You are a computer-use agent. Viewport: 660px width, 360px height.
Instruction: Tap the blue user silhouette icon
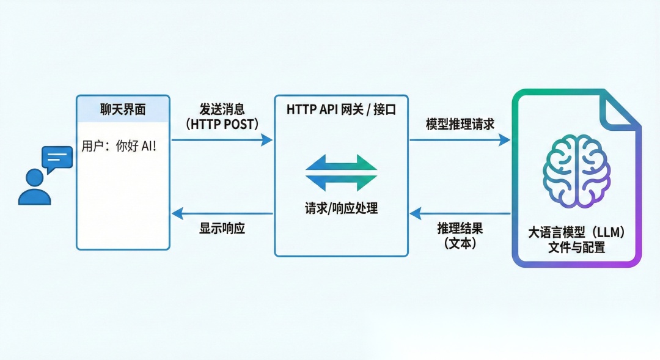tap(34, 188)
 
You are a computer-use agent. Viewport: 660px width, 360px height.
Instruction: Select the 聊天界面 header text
tap(123, 109)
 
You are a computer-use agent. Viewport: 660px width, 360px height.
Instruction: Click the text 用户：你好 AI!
tap(119, 146)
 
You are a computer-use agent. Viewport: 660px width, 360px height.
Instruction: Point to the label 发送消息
tap(222, 109)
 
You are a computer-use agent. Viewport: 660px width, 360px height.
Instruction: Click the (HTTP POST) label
tap(222, 124)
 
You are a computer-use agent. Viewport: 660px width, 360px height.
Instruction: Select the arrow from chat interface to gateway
tap(222, 140)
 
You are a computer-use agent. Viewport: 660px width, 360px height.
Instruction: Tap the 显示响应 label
tap(222, 229)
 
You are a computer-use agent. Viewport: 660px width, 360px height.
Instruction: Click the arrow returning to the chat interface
tap(222, 213)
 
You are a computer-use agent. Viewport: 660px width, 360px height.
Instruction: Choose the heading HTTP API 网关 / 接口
tap(341, 109)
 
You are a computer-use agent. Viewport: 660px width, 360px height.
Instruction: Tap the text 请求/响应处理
tap(341, 208)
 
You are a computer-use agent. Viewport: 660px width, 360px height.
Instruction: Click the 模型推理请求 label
tap(460, 124)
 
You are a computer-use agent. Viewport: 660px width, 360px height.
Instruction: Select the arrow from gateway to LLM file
tap(460, 140)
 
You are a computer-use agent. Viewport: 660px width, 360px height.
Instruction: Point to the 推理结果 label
tap(460, 229)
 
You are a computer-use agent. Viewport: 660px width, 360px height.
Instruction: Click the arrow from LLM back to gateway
tap(460, 213)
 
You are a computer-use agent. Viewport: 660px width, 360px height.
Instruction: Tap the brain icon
tap(576, 171)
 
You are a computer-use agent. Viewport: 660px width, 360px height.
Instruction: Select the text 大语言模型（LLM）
tap(576, 233)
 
